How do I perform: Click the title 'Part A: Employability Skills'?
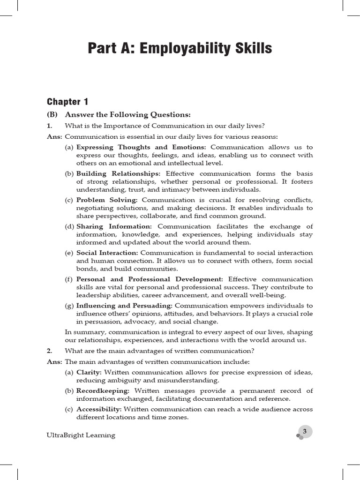(180, 48)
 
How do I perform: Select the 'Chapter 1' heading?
(67, 102)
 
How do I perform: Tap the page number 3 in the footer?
(305, 431)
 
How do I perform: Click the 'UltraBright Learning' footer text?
(81, 435)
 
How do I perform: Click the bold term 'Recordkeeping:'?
(103, 390)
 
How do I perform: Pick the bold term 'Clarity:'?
(89, 372)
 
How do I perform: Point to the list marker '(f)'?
(69, 279)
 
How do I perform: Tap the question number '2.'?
(49, 350)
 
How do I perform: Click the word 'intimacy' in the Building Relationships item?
(198, 190)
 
